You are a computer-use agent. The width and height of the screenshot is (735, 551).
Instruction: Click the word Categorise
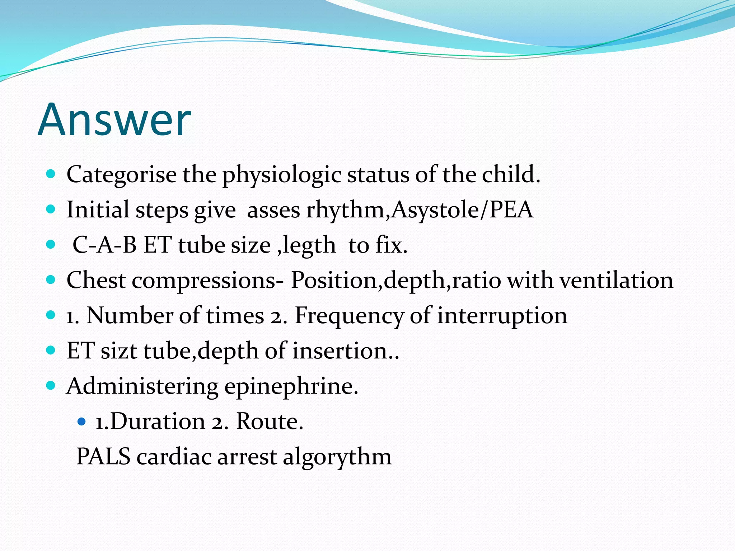tap(121, 175)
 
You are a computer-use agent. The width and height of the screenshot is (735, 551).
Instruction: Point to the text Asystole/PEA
tap(462, 210)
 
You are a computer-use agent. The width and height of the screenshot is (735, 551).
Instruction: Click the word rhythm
tap(345, 211)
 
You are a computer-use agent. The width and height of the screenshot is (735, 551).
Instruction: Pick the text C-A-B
tap(104, 245)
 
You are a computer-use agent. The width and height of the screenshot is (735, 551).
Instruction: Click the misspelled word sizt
tap(119, 351)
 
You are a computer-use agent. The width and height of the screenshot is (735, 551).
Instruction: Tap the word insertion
tap(341, 351)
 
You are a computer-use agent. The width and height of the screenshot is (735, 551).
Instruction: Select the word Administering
tap(142, 387)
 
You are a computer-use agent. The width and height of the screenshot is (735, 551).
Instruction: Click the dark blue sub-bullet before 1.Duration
tap(82, 422)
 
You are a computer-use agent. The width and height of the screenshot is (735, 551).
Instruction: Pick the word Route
tap(269, 422)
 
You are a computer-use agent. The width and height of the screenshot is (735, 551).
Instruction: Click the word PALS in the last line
tap(103, 457)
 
